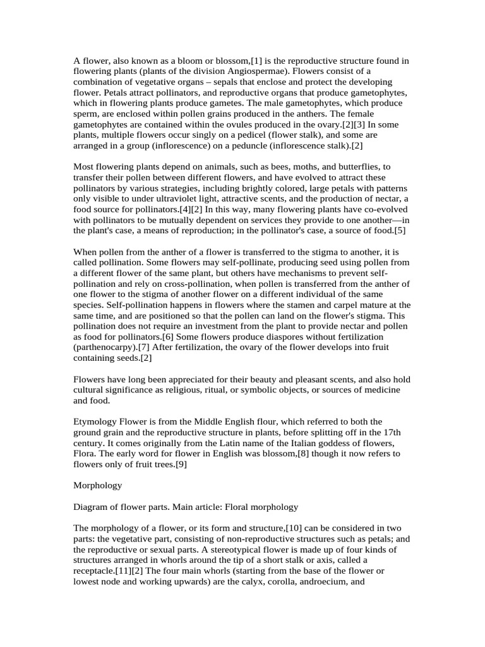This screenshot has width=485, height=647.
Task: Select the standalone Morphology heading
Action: tap(98, 485)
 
